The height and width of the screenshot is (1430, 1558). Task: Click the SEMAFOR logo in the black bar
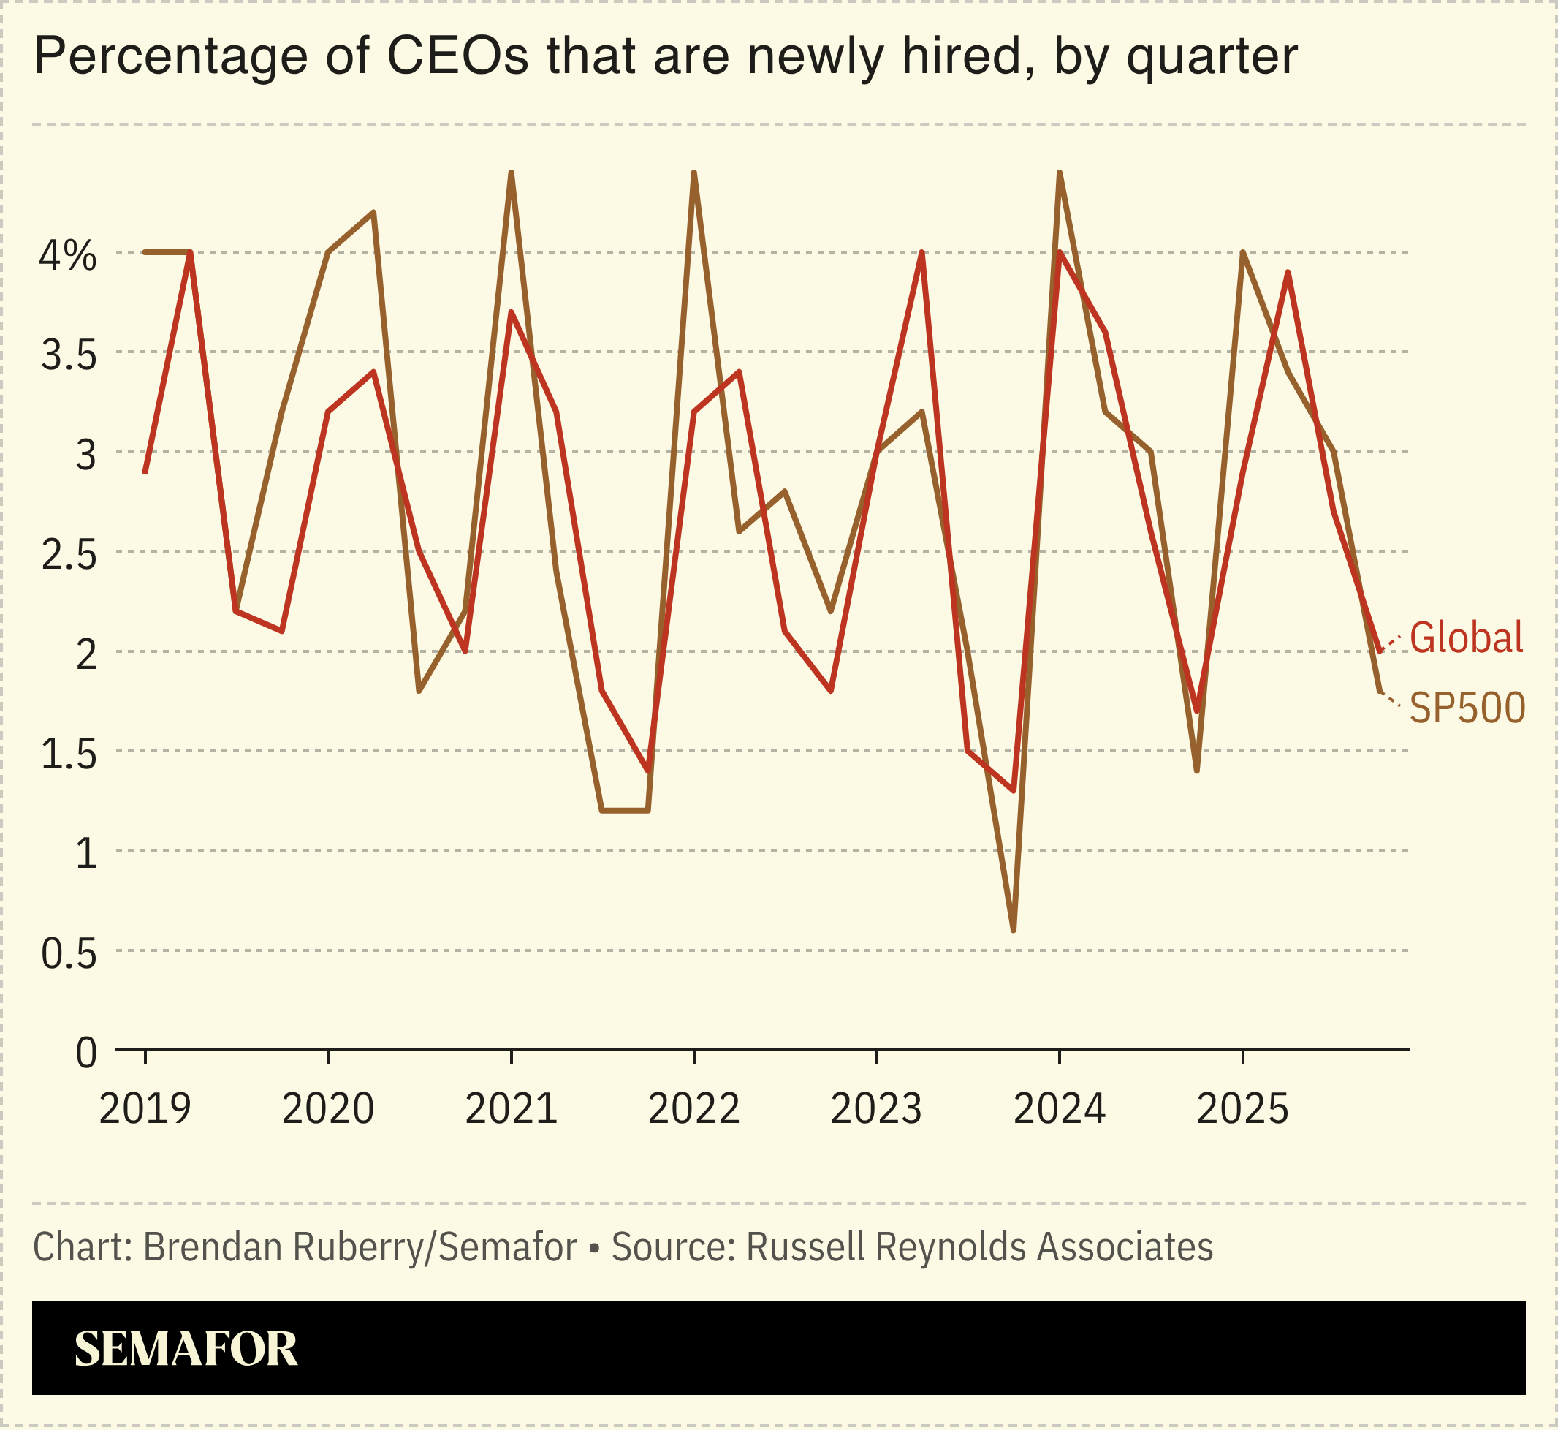(x=186, y=1349)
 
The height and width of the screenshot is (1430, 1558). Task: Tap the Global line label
(x=1466, y=638)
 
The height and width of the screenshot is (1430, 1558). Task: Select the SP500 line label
(x=1467, y=707)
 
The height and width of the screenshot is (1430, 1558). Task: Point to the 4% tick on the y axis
(x=68, y=255)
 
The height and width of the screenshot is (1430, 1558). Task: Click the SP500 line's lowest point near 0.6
(x=1014, y=930)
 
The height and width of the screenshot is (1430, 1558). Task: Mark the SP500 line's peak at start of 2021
(x=512, y=173)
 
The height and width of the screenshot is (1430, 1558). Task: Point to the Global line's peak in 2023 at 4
(x=922, y=253)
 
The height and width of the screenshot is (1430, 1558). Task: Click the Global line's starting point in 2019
(x=145, y=472)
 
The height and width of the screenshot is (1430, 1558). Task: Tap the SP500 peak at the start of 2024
(x=1059, y=173)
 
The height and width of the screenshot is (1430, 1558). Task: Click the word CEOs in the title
(x=458, y=56)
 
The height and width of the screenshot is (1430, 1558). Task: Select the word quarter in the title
(x=1212, y=57)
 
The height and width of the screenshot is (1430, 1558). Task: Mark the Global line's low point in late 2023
(x=1014, y=791)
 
